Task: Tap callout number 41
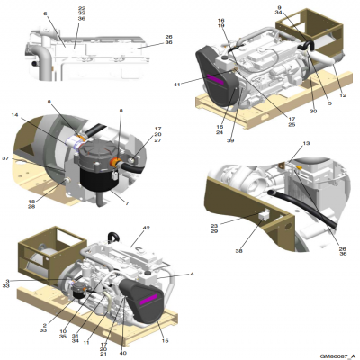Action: [x=178, y=84]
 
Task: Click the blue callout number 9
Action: [x=280, y=8]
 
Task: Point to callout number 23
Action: [x=214, y=227]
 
